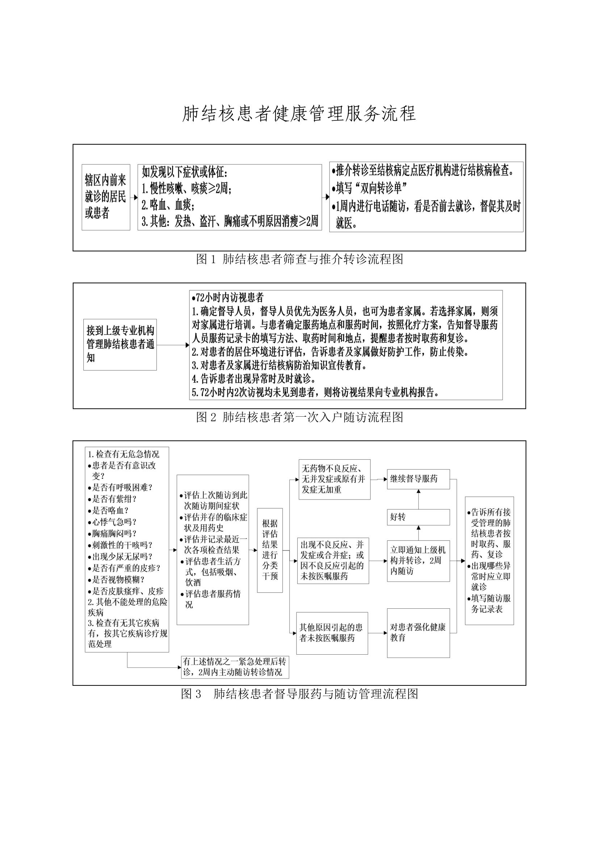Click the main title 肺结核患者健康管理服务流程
(299, 114)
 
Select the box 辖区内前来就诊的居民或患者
(106, 197)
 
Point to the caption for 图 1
(299, 259)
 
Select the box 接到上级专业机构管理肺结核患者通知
(120, 345)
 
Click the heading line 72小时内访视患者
(227, 297)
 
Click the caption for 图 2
(299, 417)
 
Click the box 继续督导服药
(418, 479)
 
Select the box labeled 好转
(418, 517)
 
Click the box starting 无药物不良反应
(334, 479)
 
